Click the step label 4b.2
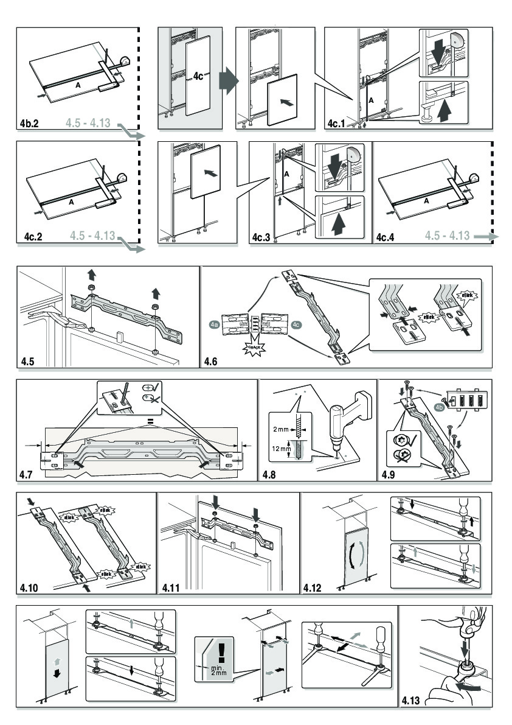point(28,124)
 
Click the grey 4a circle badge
point(214,325)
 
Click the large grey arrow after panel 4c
point(226,79)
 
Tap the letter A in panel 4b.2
point(78,86)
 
